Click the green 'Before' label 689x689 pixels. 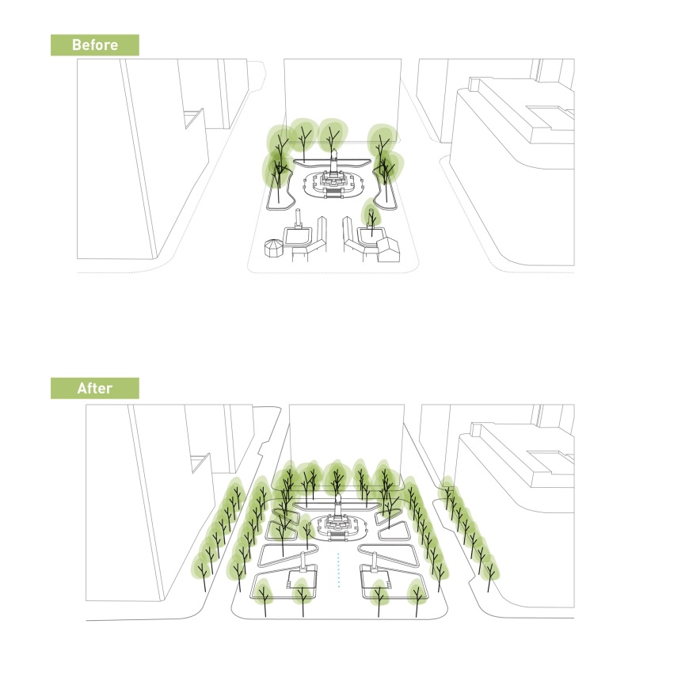coord(95,45)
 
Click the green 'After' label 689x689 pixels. coord(95,388)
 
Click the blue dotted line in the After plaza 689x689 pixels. coord(338,570)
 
